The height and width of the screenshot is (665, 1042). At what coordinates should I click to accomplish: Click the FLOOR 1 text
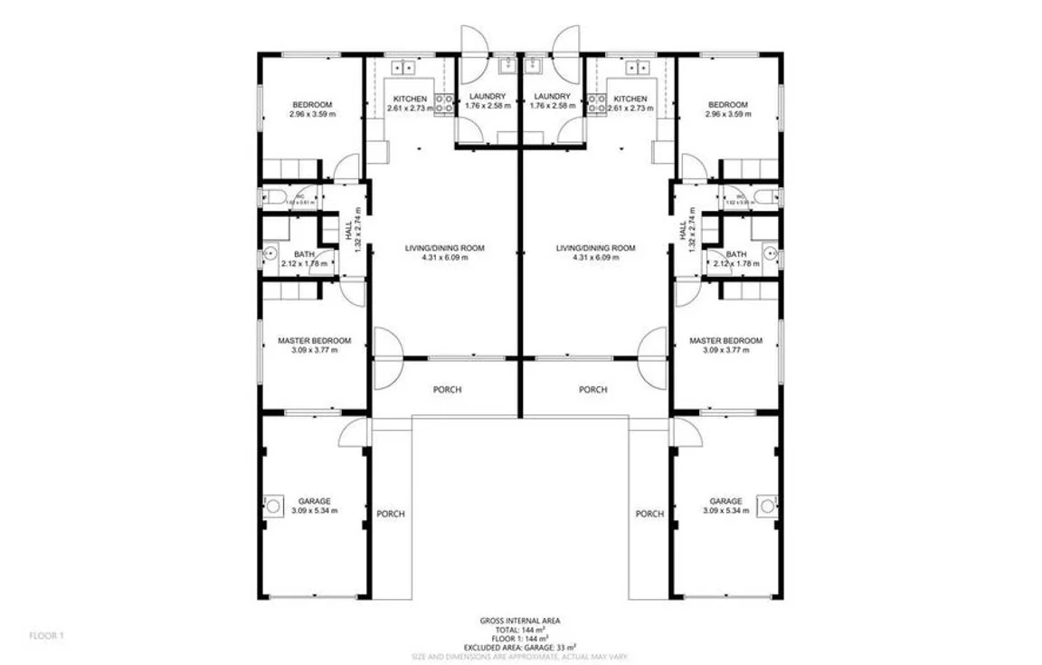point(47,636)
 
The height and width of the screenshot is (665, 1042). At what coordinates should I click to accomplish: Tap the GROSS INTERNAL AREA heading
point(520,621)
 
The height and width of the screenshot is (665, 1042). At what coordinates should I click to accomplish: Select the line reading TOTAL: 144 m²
point(520,630)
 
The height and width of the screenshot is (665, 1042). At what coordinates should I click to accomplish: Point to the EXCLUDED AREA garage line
point(520,648)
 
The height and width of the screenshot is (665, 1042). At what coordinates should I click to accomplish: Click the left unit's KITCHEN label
point(410,99)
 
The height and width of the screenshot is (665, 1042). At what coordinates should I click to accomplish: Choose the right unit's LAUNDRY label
point(552,97)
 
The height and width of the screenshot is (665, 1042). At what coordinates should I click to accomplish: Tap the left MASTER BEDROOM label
point(314,341)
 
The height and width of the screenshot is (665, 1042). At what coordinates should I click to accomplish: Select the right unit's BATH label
point(736,255)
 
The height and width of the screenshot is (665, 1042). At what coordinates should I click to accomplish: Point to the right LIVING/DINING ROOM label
point(595,248)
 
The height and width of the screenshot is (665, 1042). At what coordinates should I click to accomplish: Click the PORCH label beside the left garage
point(391,514)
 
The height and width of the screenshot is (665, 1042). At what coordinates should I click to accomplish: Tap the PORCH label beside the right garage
point(649,514)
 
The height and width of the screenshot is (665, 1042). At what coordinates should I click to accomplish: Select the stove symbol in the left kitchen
point(444,104)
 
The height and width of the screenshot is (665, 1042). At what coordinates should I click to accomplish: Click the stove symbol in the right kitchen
point(597,104)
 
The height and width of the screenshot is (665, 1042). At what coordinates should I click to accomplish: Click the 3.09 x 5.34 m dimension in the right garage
point(725,511)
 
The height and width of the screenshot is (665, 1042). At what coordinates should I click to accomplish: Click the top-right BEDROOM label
point(728,104)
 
